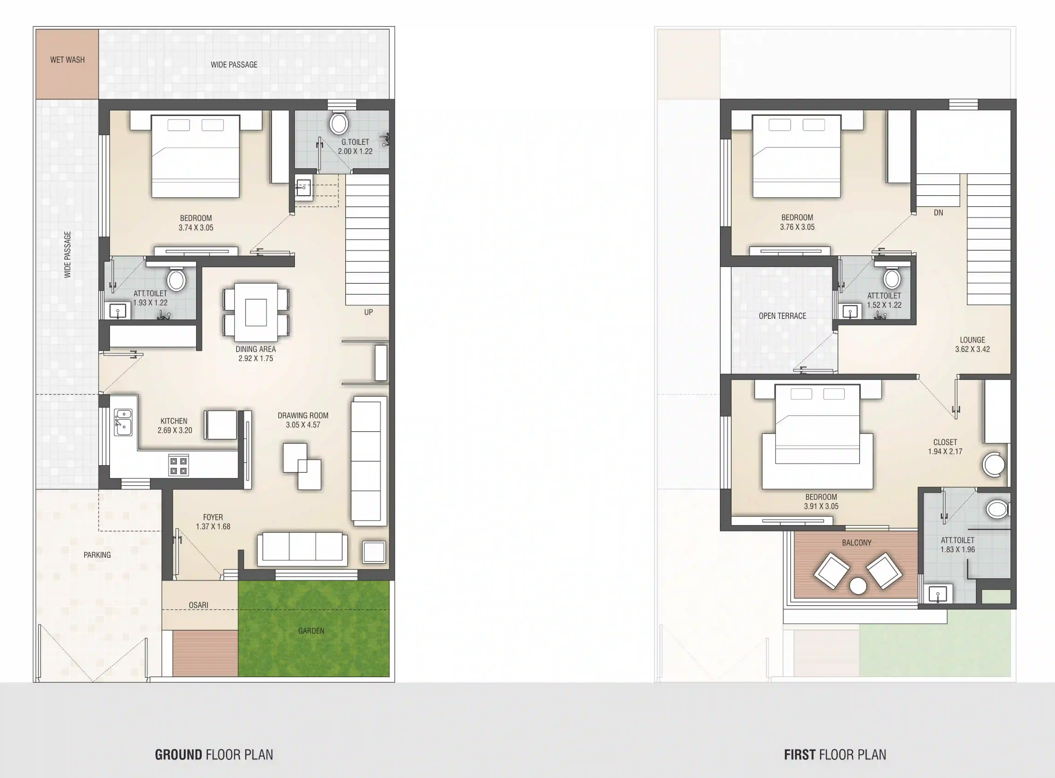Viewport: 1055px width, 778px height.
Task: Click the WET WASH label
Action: coord(67,60)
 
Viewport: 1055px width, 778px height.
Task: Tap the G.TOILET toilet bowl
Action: coord(338,123)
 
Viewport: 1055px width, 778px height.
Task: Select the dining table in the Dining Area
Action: coord(256,312)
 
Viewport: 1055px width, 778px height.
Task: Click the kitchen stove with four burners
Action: coord(178,465)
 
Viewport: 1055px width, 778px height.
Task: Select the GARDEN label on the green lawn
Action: coord(311,631)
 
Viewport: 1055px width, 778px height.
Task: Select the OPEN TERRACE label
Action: coord(782,316)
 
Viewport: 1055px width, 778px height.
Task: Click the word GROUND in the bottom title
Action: coord(178,755)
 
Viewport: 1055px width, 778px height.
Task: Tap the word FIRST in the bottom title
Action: coord(799,755)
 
